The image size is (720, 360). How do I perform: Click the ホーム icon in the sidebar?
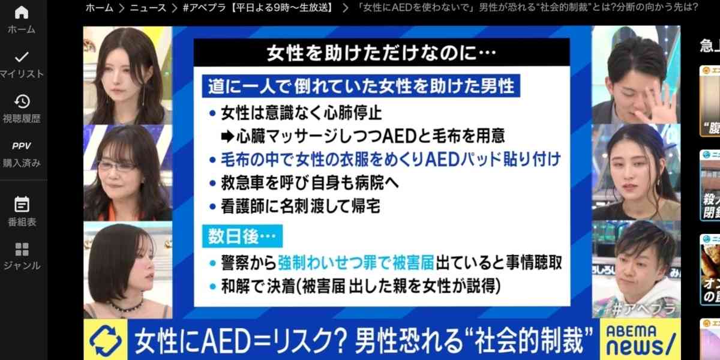pos(21,13)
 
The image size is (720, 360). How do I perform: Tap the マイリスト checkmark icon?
pos(22,57)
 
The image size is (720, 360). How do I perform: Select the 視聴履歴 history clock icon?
pos(22,101)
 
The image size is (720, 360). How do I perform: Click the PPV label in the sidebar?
pos(22,146)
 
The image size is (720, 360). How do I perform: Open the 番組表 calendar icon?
pos(22,204)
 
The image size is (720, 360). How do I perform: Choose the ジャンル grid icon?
pos(22,249)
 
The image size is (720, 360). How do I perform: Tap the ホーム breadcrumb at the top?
pos(99,8)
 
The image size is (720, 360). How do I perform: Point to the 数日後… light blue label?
pos(243,238)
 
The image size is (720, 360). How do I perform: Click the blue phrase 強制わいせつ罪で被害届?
pos(348,262)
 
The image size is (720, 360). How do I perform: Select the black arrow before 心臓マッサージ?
pos(226,136)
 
